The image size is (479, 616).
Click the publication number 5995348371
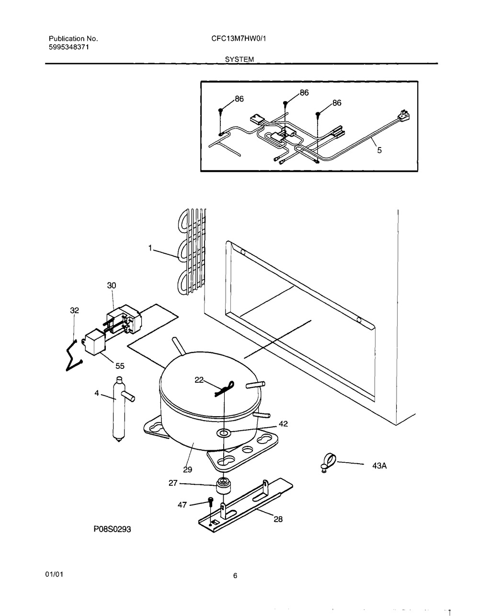click(69, 47)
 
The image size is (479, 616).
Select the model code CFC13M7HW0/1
click(239, 38)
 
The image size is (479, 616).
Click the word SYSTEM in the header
click(239, 59)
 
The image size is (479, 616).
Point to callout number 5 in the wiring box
click(379, 150)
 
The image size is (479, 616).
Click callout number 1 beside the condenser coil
click(150, 248)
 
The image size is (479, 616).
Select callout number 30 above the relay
click(112, 285)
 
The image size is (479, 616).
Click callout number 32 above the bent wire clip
click(75, 310)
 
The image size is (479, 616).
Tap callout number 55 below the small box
click(120, 366)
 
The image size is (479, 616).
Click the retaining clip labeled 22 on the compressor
click(225, 388)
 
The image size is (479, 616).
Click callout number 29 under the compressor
click(187, 470)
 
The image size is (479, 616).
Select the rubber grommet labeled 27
click(223, 485)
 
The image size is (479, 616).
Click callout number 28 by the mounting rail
click(278, 519)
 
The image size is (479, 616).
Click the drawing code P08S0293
click(113, 529)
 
